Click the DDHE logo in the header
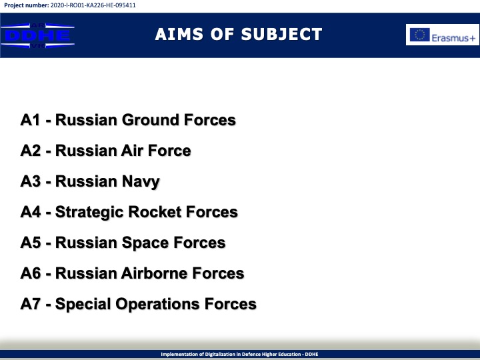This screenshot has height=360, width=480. click(37, 35)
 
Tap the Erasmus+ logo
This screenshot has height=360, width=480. click(443, 35)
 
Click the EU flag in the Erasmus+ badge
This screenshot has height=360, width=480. click(420, 35)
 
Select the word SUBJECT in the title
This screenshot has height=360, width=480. click(281, 34)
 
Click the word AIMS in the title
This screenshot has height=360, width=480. click(179, 34)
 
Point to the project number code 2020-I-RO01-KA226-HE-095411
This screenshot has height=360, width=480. click(93, 5)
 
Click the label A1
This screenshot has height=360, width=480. click(30, 120)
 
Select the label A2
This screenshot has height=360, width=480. click(30, 151)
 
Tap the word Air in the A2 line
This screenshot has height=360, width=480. click(132, 151)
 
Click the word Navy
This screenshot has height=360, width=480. click(141, 182)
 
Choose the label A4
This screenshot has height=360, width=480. click(30, 212)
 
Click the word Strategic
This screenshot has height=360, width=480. click(89, 213)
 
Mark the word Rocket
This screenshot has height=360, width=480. click(155, 212)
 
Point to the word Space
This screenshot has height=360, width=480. click(145, 243)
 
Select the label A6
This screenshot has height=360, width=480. click(30, 273)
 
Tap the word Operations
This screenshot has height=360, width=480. click(157, 305)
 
